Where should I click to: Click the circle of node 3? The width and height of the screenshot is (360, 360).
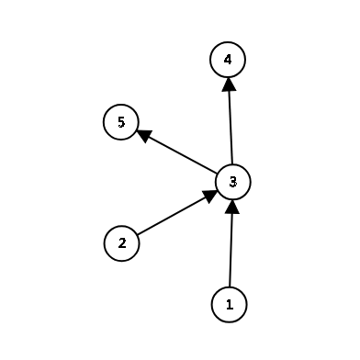tap(233, 182)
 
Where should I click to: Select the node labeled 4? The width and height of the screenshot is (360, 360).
tap(228, 61)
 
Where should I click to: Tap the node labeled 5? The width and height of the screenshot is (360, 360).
tap(121, 121)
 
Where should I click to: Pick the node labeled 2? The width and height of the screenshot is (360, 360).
tap(121, 243)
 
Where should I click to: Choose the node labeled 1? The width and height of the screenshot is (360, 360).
tap(230, 304)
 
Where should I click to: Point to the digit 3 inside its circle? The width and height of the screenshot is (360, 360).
tap(233, 182)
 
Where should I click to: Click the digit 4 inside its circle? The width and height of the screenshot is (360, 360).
tap(228, 61)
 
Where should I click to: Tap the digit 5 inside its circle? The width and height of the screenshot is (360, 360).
tap(121, 121)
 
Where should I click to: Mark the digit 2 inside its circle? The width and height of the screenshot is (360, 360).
tap(121, 243)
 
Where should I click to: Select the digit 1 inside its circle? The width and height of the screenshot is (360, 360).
tap(230, 304)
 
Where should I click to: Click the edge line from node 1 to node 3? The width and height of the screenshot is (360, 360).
tap(231, 248)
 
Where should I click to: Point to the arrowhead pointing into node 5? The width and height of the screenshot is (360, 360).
tap(143, 133)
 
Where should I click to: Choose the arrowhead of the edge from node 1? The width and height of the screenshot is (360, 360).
tap(232, 206)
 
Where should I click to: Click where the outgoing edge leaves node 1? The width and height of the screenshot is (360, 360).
tap(231, 287)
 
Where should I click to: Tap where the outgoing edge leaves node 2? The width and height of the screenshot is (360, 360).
tap(137, 235)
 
